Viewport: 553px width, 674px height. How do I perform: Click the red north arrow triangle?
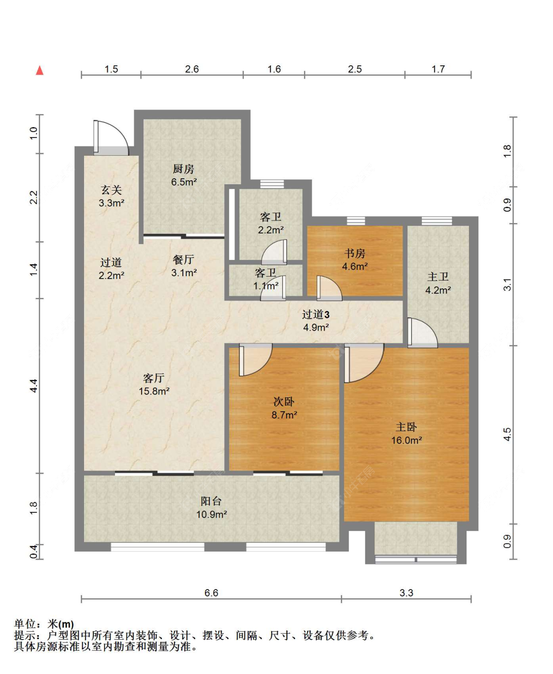pos(39,70)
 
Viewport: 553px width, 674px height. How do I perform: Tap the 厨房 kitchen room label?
pos(183,168)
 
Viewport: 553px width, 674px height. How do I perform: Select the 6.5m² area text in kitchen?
pos(184,182)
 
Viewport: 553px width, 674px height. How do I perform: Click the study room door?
pos(329,288)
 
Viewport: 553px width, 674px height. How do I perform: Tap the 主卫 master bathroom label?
pos(438,277)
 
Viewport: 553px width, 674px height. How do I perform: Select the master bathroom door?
pos(422,333)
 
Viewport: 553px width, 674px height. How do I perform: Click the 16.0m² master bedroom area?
pos(407,440)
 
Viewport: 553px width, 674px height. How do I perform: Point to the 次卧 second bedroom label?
pos(284,401)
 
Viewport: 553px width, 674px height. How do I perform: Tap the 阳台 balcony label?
pos(211,501)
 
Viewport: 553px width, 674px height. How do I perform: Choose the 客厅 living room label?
pos(154,378)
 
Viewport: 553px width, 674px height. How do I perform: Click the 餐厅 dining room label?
pos(183,259)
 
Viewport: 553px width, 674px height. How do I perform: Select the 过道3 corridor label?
pos(316,314)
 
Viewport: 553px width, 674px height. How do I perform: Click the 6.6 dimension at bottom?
pos(211,593)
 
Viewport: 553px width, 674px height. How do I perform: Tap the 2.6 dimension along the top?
pos(192,69)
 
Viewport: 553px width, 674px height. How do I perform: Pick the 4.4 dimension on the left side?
pos(34,386)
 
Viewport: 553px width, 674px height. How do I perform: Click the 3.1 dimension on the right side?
pos(507,284)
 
